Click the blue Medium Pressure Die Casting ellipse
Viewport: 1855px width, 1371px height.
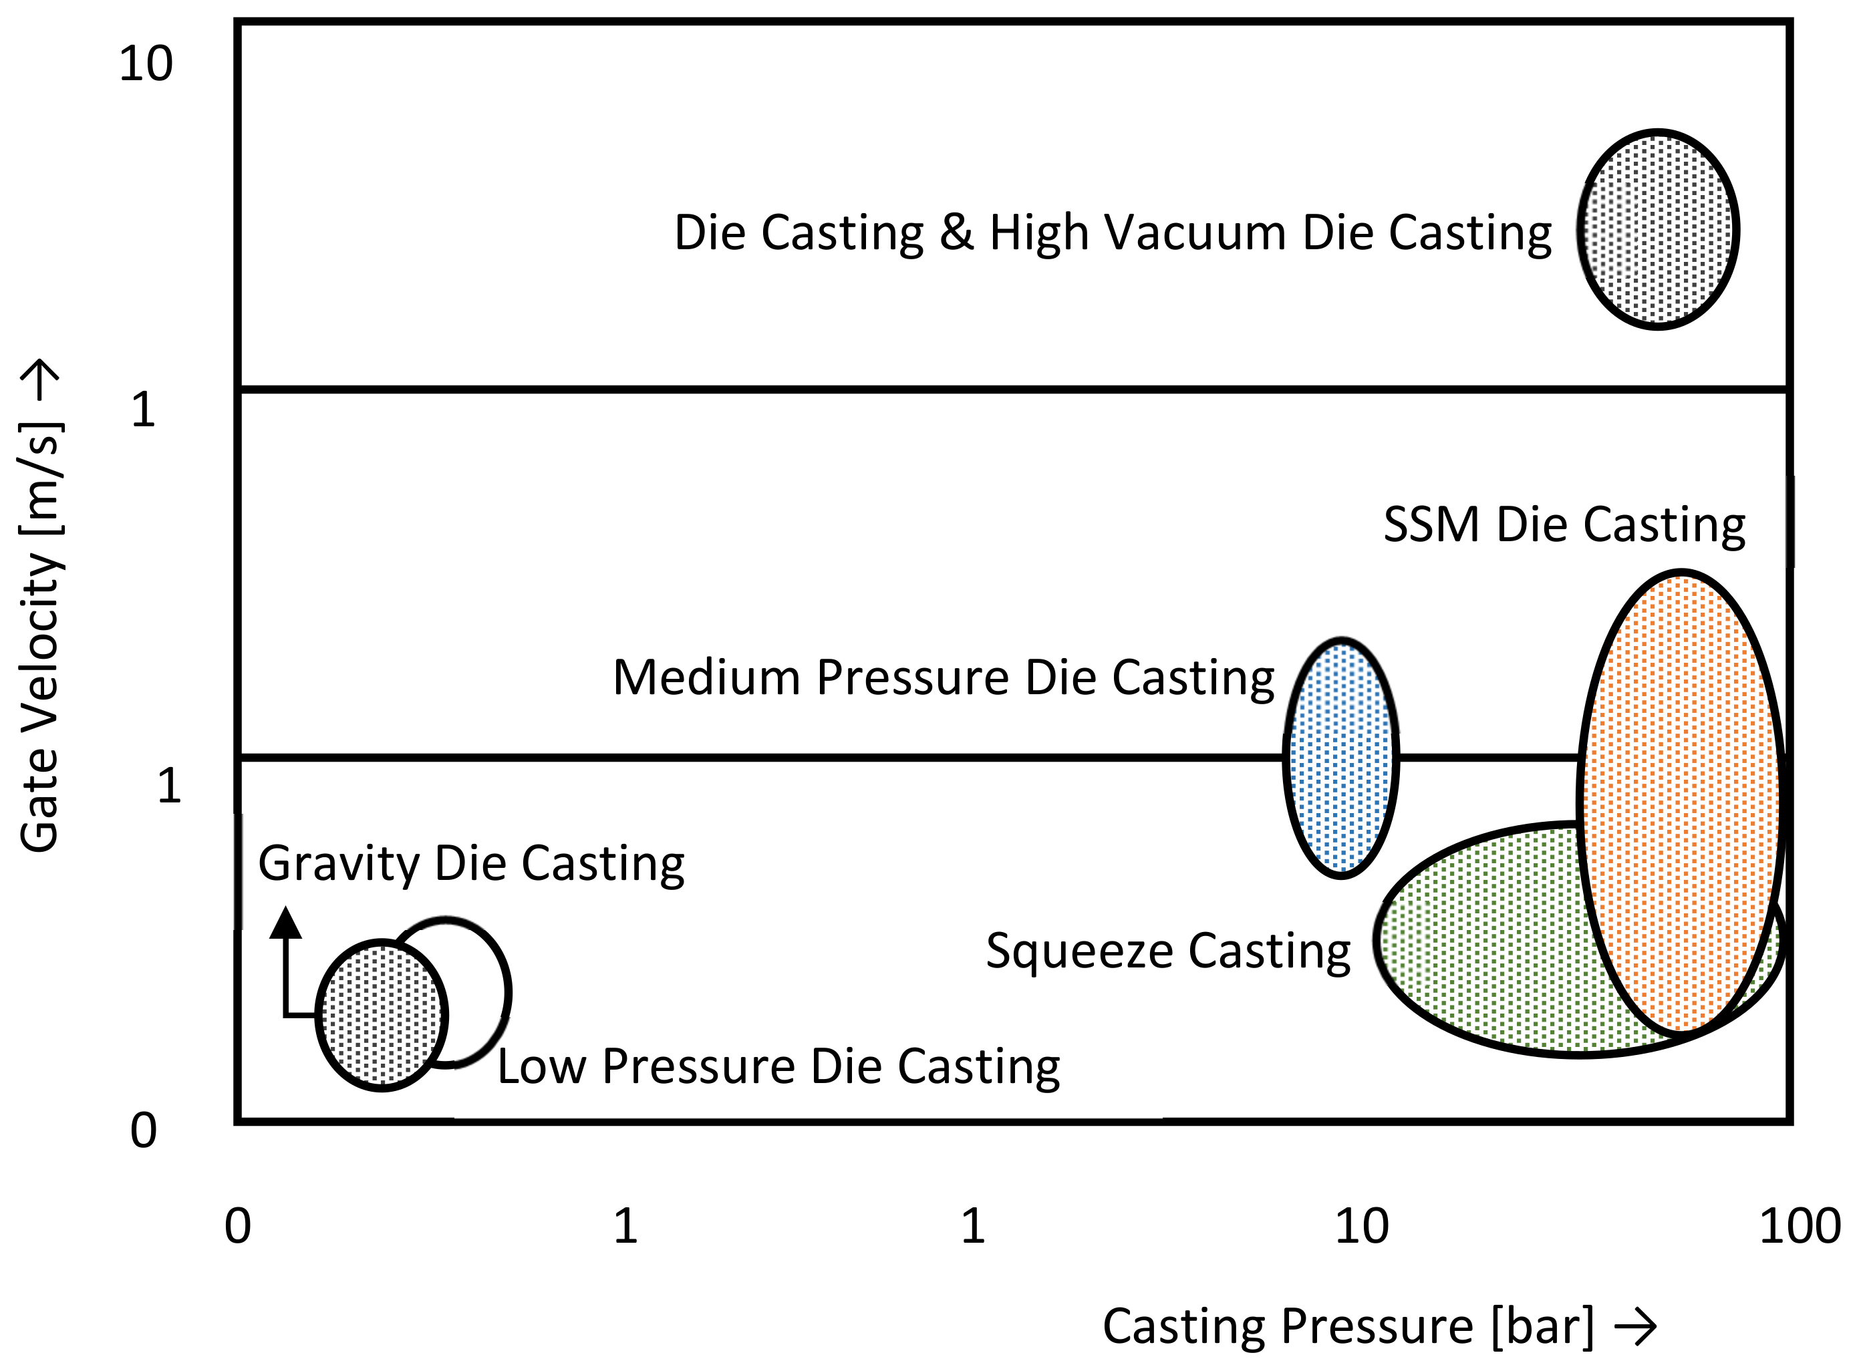[1340, 758]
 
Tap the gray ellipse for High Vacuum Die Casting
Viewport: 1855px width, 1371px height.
[1657, 229]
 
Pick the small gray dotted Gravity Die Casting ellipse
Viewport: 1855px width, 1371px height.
[381, 1015]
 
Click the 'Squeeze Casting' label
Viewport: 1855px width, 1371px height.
[1168, 950]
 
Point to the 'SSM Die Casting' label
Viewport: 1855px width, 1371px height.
[1564, 525]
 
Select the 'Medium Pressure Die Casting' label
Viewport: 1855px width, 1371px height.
[943, 678]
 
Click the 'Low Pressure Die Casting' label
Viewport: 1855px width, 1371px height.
[778, 1066]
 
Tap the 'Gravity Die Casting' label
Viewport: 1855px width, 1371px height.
[471, 864]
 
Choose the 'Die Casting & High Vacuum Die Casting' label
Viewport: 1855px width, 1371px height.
[1112, 233]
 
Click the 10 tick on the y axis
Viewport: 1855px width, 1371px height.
[146, 64]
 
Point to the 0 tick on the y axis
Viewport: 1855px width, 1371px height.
[143, 1130]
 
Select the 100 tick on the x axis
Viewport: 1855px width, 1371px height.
[1800, 1227]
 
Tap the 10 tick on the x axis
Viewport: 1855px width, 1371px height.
[1361, 1227]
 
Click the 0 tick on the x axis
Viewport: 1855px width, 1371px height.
[237, 1227]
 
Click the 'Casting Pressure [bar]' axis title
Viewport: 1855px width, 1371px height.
[1348, 1326]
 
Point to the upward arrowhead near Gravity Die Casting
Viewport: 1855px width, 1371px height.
[285, 923]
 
